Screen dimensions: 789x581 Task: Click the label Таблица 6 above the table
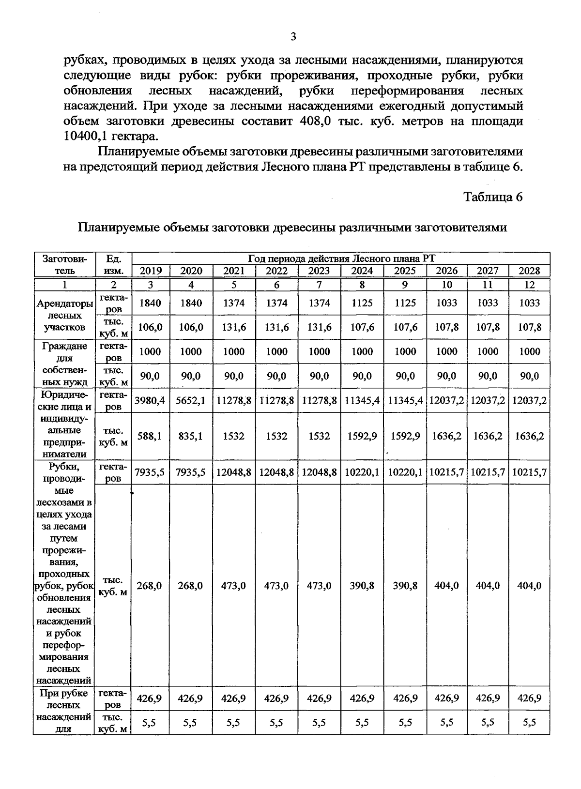pyautogui.click(x=493, y=197)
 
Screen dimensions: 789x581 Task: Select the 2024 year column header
pyautogui.click(x=362, y=271)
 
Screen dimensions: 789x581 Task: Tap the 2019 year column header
pyautogui.click(x=150, y=271)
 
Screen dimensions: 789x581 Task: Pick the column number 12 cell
pyautogui.click(x=529, y=285)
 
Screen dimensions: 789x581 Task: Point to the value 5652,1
pyautogui.click(x=191, y=400)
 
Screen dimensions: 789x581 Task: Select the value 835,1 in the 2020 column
pyautogui.click(x=191, y=436)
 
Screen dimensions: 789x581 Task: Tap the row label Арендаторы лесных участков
pyautogui.click(x=64, y=316)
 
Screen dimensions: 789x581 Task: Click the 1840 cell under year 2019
pyautogui.click(x=150, y=303)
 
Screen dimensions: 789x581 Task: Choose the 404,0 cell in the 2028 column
pyautogui.click(x=529, y=586)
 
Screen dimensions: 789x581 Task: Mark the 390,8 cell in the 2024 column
pyautogui.click(x=362, y=586)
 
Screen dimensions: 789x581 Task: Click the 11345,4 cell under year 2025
pyautogui.click(x=405, y=400)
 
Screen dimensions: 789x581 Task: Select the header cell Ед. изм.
pyautogui.click(x=113, y=265)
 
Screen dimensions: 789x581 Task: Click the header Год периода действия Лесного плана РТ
pyautogui.click(x=341, y=258)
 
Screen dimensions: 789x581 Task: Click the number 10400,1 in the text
pyautogui.click(x=86, y=136)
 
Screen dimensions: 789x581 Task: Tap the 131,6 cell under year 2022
pyautogui.click(x=276, y=327)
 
